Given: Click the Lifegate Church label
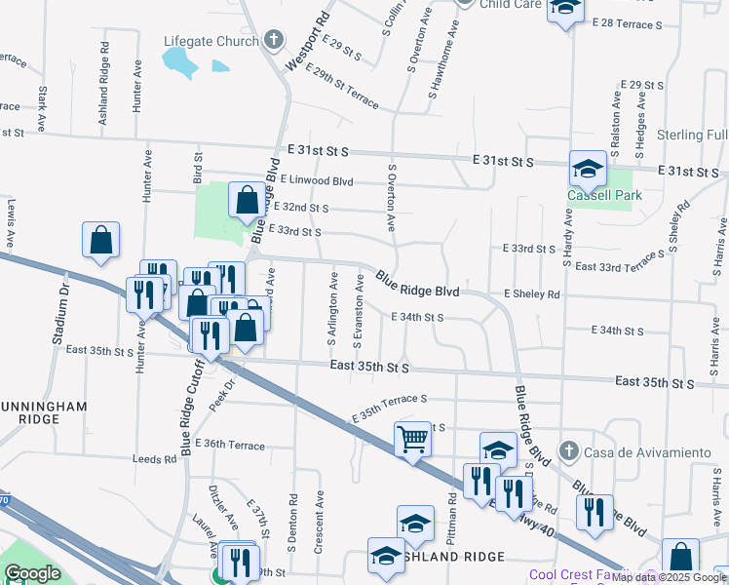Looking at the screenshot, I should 209,41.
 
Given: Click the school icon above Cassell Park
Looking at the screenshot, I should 589,171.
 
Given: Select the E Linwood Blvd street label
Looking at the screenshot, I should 317,180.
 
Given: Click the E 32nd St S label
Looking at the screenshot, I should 301,208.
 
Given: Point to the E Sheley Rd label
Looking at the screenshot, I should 532,293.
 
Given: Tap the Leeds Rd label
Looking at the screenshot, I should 156,457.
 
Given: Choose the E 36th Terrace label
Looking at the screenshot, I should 230,444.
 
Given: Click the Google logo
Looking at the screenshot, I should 32,573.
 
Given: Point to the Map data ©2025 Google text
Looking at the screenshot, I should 670,577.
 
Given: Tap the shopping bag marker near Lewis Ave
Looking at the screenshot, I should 101,240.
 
